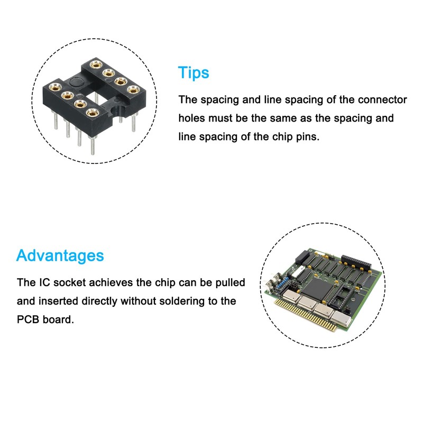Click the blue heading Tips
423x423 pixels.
(x=194, y=72)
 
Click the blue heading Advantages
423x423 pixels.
(x=60, y=256)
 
